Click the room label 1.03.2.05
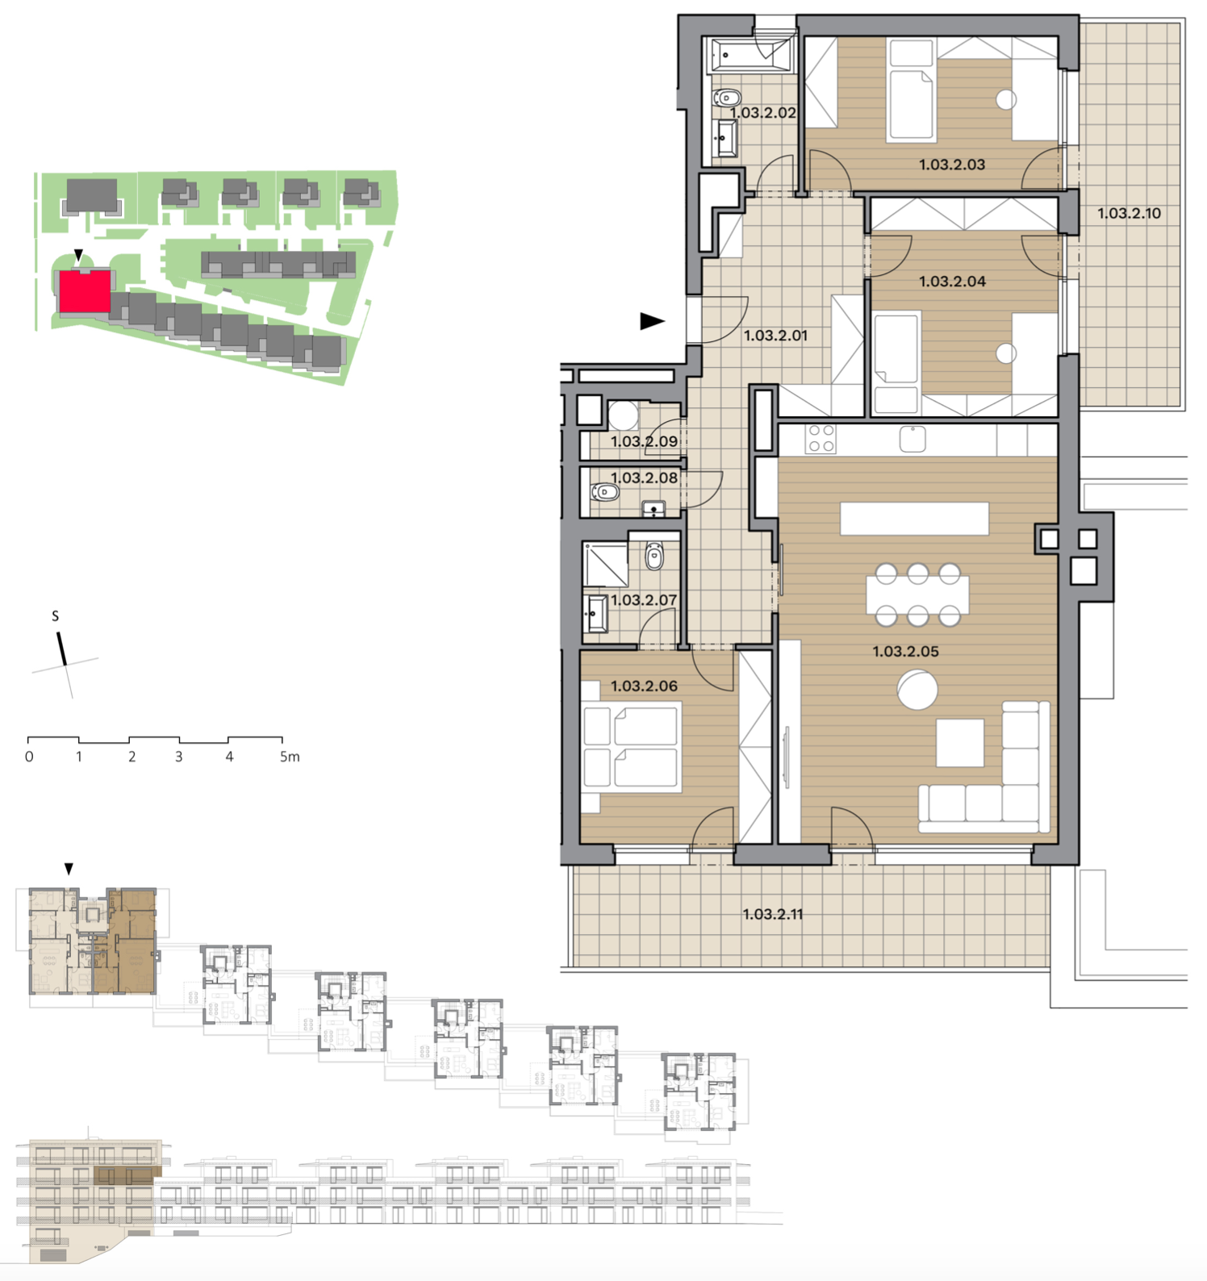pos(905,652)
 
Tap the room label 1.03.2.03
pos(952,165)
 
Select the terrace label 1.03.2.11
pos(773,915)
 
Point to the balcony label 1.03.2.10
pos(1129,214)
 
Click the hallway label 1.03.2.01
pos(775,336)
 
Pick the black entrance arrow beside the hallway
pos(652,321)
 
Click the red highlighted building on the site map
pos(84,291)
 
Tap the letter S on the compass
pos(55,616)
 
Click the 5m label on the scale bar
pos(290,757)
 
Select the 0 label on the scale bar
pos(29,757)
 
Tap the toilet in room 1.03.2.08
pos(604,491)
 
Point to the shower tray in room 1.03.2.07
pos(606,565)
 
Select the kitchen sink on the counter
pos(913,439)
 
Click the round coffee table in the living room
pos(917,690)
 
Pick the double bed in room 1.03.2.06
pos(632,746)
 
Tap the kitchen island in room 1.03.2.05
pos(914,518)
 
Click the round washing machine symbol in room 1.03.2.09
pos(623,415)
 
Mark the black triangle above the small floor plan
pos(69,869)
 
